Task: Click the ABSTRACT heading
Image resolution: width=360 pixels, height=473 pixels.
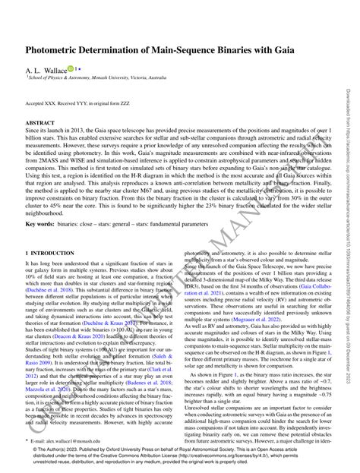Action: click(x=40, y=122)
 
